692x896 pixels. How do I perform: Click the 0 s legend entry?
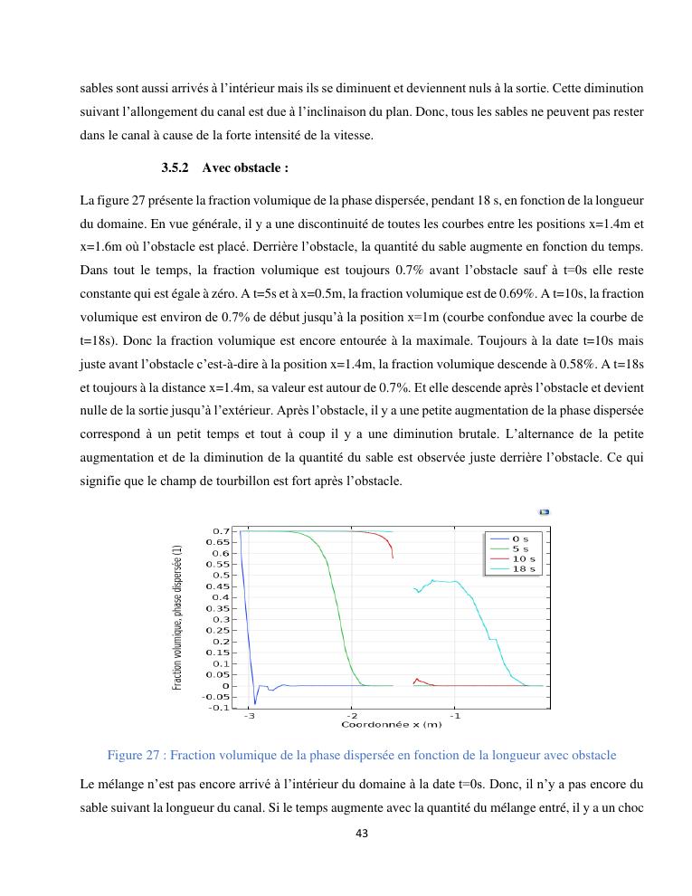click(x=518, y=539)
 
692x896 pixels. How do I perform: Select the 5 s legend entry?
click(x=518, y=548)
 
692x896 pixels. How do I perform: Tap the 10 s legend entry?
click(x=521, y=558)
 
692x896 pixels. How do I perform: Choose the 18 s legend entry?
click(x=521, y=568)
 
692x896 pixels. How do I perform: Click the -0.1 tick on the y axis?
click(x=217, y=708)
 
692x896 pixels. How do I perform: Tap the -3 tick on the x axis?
click(x=249, y=716)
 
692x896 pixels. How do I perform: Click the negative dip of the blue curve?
click(x=255, y=703)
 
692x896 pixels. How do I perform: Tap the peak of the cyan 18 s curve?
click(x=434, y=580)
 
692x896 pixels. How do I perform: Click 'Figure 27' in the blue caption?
click(x=136, y=755)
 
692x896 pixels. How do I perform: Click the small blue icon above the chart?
click(x=545, y=512)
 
